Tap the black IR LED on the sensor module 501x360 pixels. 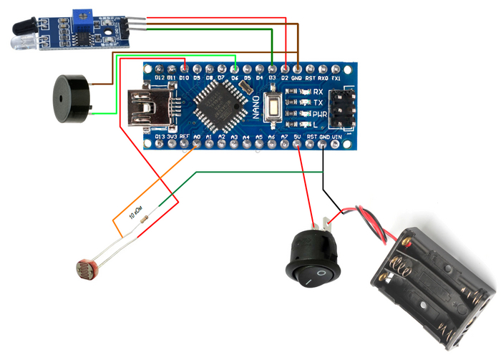pyautogui.click(x=21, y=29)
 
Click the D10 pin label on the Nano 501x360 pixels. pyautogui.click(x=184, y=77)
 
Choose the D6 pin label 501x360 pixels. pyautogui.click(x=234, y=77)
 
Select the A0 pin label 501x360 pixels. pyautogui.click(x=196, y=135)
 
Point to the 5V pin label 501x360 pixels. pyautogui.click(x=297, y=135)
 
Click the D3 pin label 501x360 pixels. pyautogui.click(x=272, y=77)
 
